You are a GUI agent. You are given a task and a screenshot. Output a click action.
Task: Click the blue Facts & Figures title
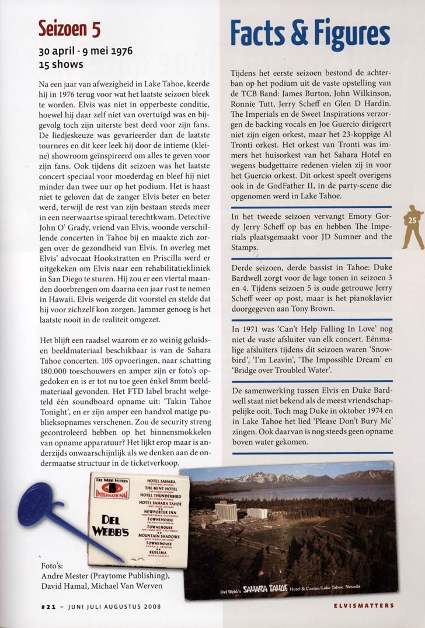click(309, 33)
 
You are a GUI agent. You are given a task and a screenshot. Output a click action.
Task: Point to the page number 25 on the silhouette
click(412, 220)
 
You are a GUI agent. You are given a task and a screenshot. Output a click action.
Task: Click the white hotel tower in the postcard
click(226, 511)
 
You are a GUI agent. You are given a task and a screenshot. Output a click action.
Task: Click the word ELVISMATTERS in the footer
click(363, 606)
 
